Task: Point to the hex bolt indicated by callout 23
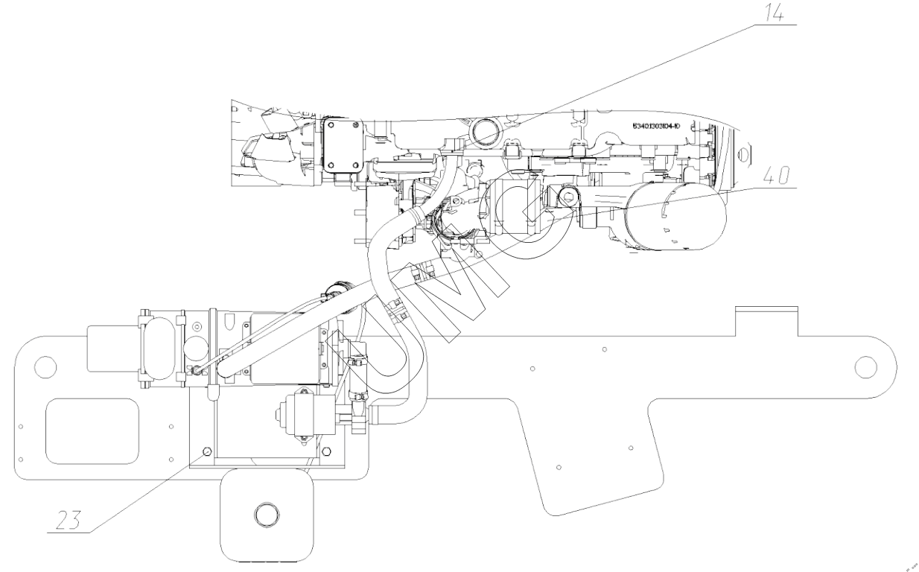pos(208,451)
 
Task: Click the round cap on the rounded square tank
pos(265,514)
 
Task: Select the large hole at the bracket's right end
pos(865,366)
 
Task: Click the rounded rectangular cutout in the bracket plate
pos(92,430)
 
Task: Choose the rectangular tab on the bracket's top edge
pos(766,321)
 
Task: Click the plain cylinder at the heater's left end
pos(112,348)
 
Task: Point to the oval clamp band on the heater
pos(159,348)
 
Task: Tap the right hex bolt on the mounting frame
pos(328,450)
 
